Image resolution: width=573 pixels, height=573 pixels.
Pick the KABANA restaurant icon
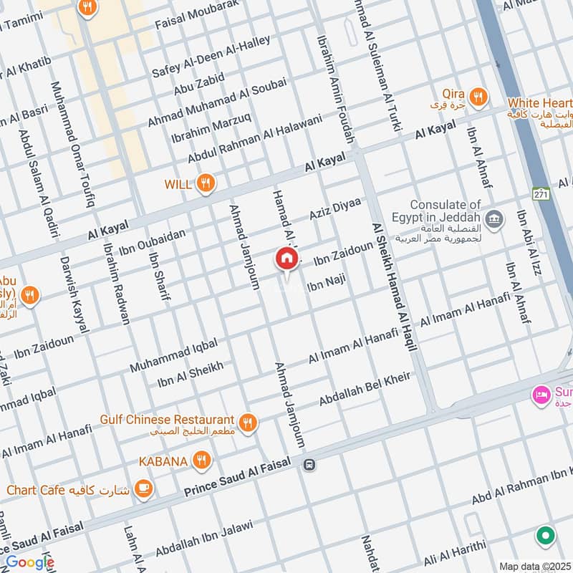pyautogui.click(x=203, y=461)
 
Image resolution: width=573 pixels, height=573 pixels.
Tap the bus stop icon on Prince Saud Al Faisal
pyautogui.click(x=309, y=464)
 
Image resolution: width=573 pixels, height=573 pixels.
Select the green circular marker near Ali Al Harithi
pyautogui.click(x=546, y=535)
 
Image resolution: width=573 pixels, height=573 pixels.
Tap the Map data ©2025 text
pyautogui.click(x=534, y=566)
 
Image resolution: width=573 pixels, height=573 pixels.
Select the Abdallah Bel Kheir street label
pyautogui.click(x=365, y=388)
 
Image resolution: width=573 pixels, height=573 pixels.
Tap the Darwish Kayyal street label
pyautogui.click(x=74, y=294)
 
